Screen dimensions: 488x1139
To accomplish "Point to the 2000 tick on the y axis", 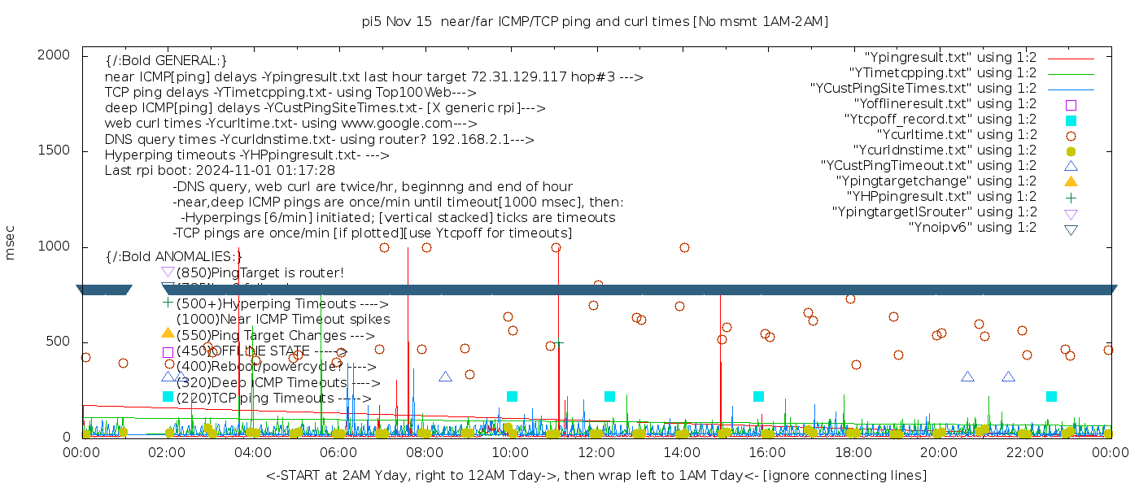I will coord(59,54).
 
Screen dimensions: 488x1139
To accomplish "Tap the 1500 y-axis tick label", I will coord(59,150).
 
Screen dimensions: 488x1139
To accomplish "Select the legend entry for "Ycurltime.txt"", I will coord(956,135).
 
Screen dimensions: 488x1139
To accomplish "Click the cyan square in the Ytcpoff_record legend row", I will coord(1071,120).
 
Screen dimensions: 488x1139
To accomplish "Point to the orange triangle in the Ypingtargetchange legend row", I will coord(1071,181).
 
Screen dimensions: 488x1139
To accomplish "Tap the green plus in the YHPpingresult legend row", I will coord(1071,197).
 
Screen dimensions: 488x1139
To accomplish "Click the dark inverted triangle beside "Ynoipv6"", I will coord(1071,229).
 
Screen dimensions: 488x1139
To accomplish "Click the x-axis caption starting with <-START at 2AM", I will coord(596,475).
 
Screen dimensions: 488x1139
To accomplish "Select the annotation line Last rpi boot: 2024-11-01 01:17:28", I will coord(220,171).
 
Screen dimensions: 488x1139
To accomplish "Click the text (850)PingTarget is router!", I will coord(260,272).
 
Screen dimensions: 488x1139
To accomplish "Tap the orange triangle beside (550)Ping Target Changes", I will coord(168,333).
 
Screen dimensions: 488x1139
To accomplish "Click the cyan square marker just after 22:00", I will coord(1051,396).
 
